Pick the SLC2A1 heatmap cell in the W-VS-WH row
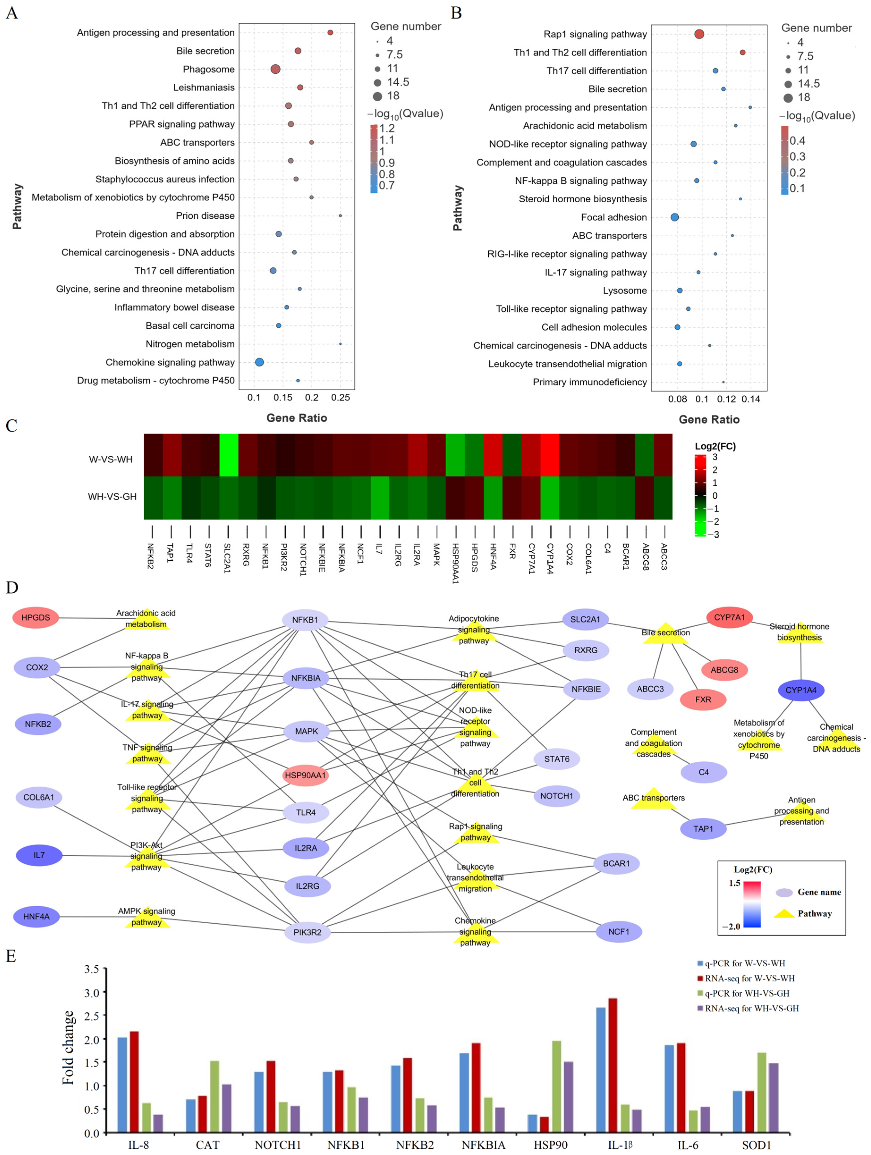coord(229,455)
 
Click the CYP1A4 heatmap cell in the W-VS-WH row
coord(550,455)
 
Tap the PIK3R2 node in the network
coord(308,932)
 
